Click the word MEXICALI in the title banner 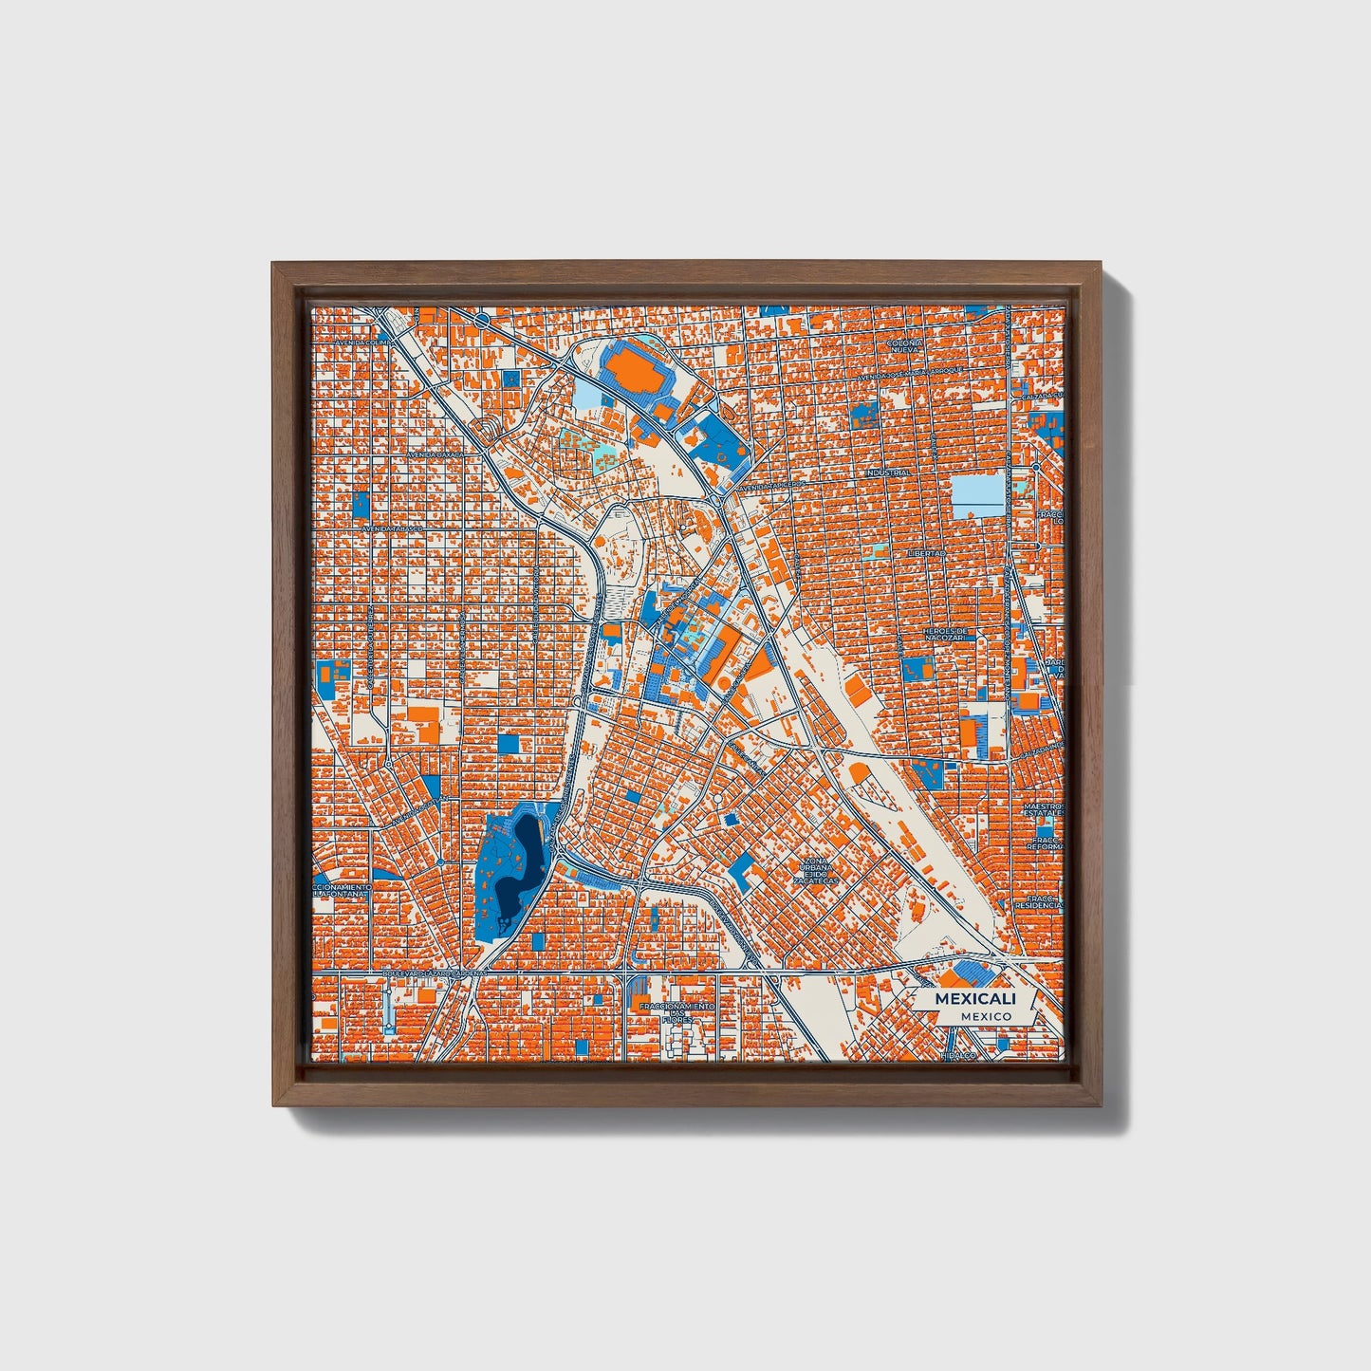tap(975, 999)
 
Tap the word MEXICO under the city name tap(986, 1016)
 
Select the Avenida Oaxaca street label tap(437, 454)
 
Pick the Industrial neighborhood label tap(888, 472)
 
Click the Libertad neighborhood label tap(926, 552)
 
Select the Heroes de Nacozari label tap(949, 634)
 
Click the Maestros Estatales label tap(1044, 809)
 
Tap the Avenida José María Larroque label tap(911, 373)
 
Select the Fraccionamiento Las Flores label tap(677, 1012)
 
